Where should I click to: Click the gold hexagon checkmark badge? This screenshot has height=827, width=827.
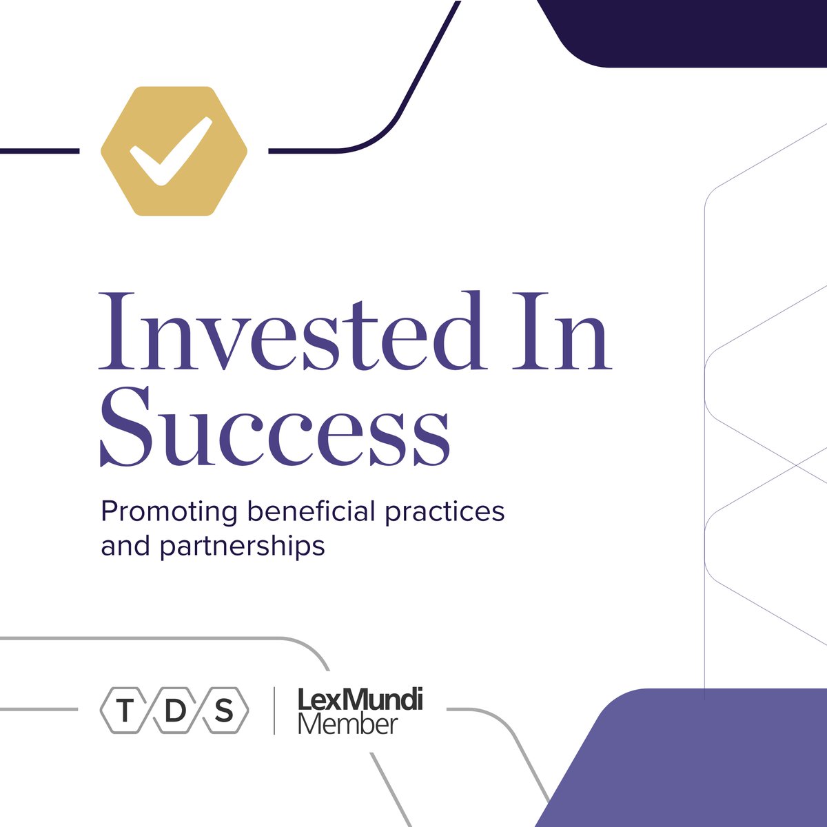(x=174, y=151)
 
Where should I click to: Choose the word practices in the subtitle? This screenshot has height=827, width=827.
(x=445, y=512)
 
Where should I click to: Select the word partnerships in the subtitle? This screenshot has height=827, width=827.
(x=242, y=547)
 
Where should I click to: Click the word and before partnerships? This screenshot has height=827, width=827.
(x=125, y=546)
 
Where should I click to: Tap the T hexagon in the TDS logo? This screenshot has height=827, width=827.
(x=125, y=711)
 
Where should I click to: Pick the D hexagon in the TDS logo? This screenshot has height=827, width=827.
(x=174, y=711)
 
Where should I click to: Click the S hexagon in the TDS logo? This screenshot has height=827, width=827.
(x=224, y=711)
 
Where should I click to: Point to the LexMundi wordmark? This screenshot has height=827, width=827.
(x=360, y=701)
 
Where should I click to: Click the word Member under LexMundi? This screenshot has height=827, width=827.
(x=348, y=724)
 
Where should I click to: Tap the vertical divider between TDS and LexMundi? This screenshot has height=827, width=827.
(x=274, y=711)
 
